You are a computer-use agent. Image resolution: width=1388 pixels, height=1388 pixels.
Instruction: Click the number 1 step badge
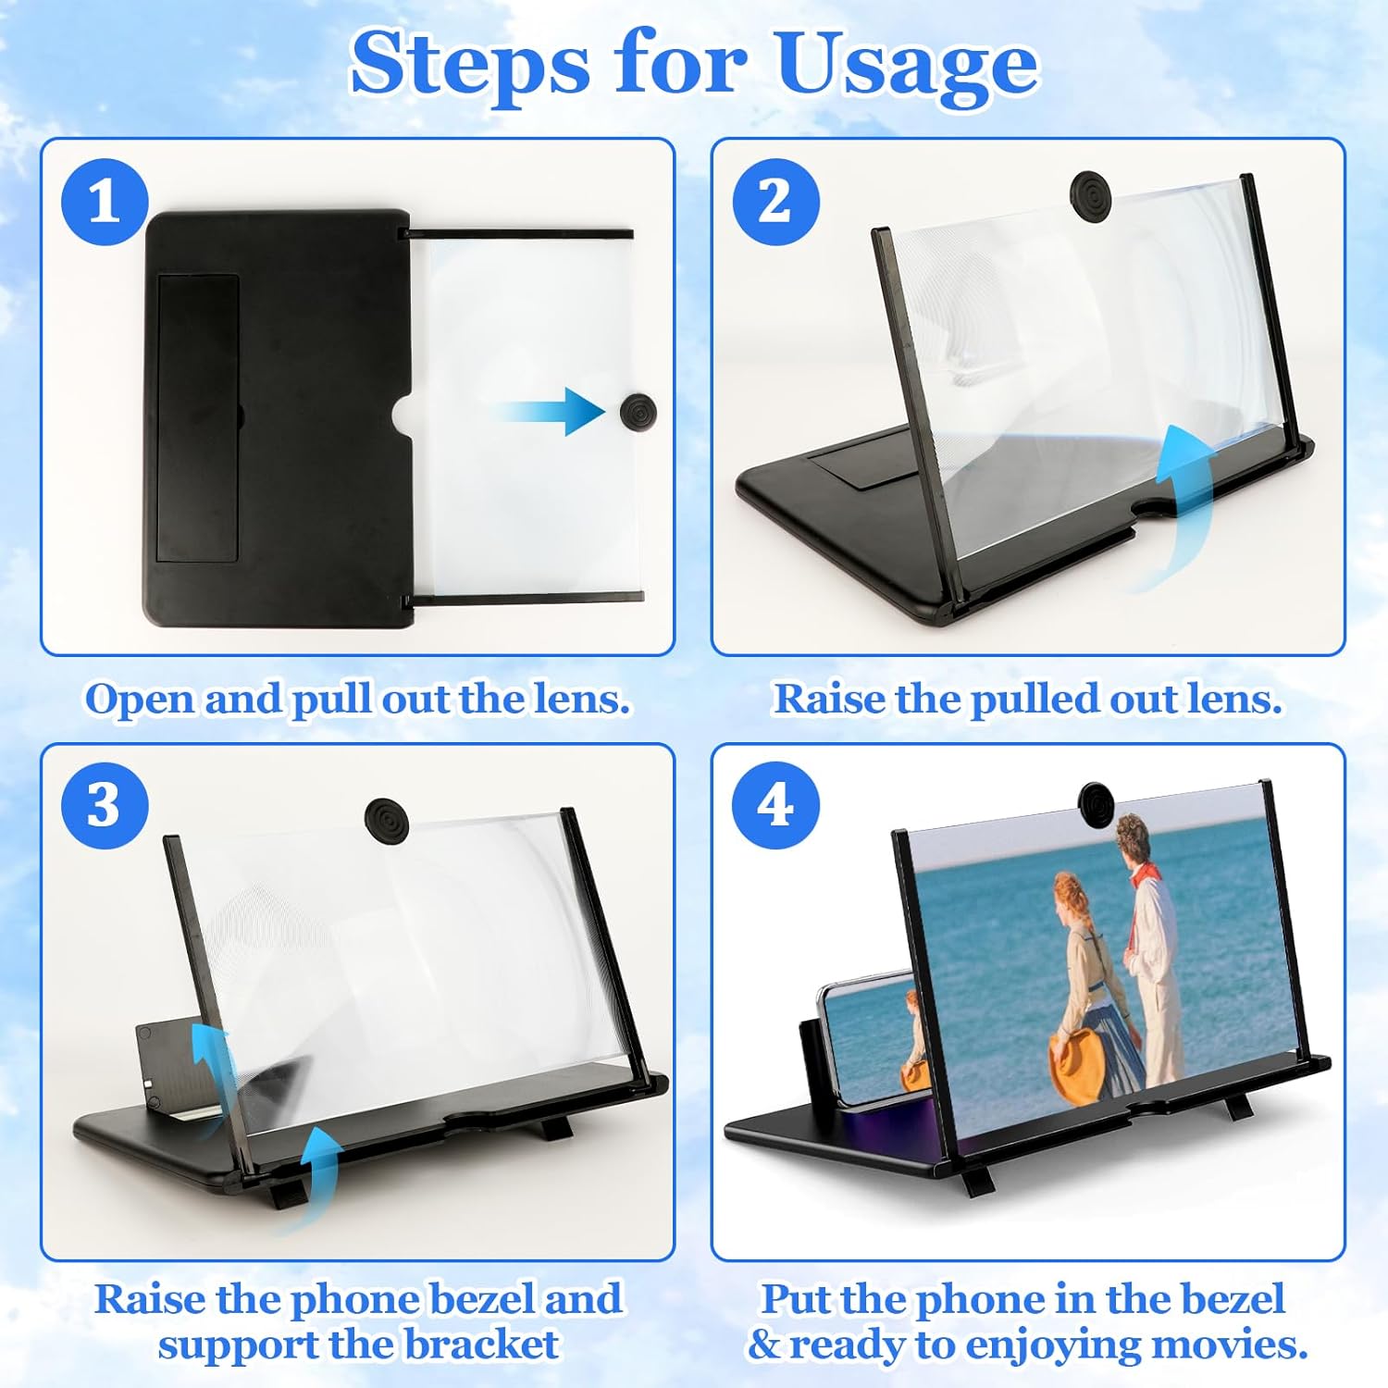pyautogui.click(x=105, y=202)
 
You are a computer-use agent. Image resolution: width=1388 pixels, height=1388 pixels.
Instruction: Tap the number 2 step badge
pyautogui.click(x=775, y=202)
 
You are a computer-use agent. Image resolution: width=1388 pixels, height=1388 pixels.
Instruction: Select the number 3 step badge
pyautogui.click(x=105, y=805)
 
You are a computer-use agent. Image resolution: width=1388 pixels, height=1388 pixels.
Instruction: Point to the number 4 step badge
pyautogui.click(x=775, y=805)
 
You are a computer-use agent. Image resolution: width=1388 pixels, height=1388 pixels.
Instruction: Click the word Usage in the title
pyautogui.click(x=907, y=65)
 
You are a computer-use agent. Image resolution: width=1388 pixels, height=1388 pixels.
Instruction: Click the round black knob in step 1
pyautogui.click(x=638, y=411)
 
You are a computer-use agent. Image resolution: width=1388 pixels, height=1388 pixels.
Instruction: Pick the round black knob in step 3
pyautogui.click(x=387, y=820)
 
